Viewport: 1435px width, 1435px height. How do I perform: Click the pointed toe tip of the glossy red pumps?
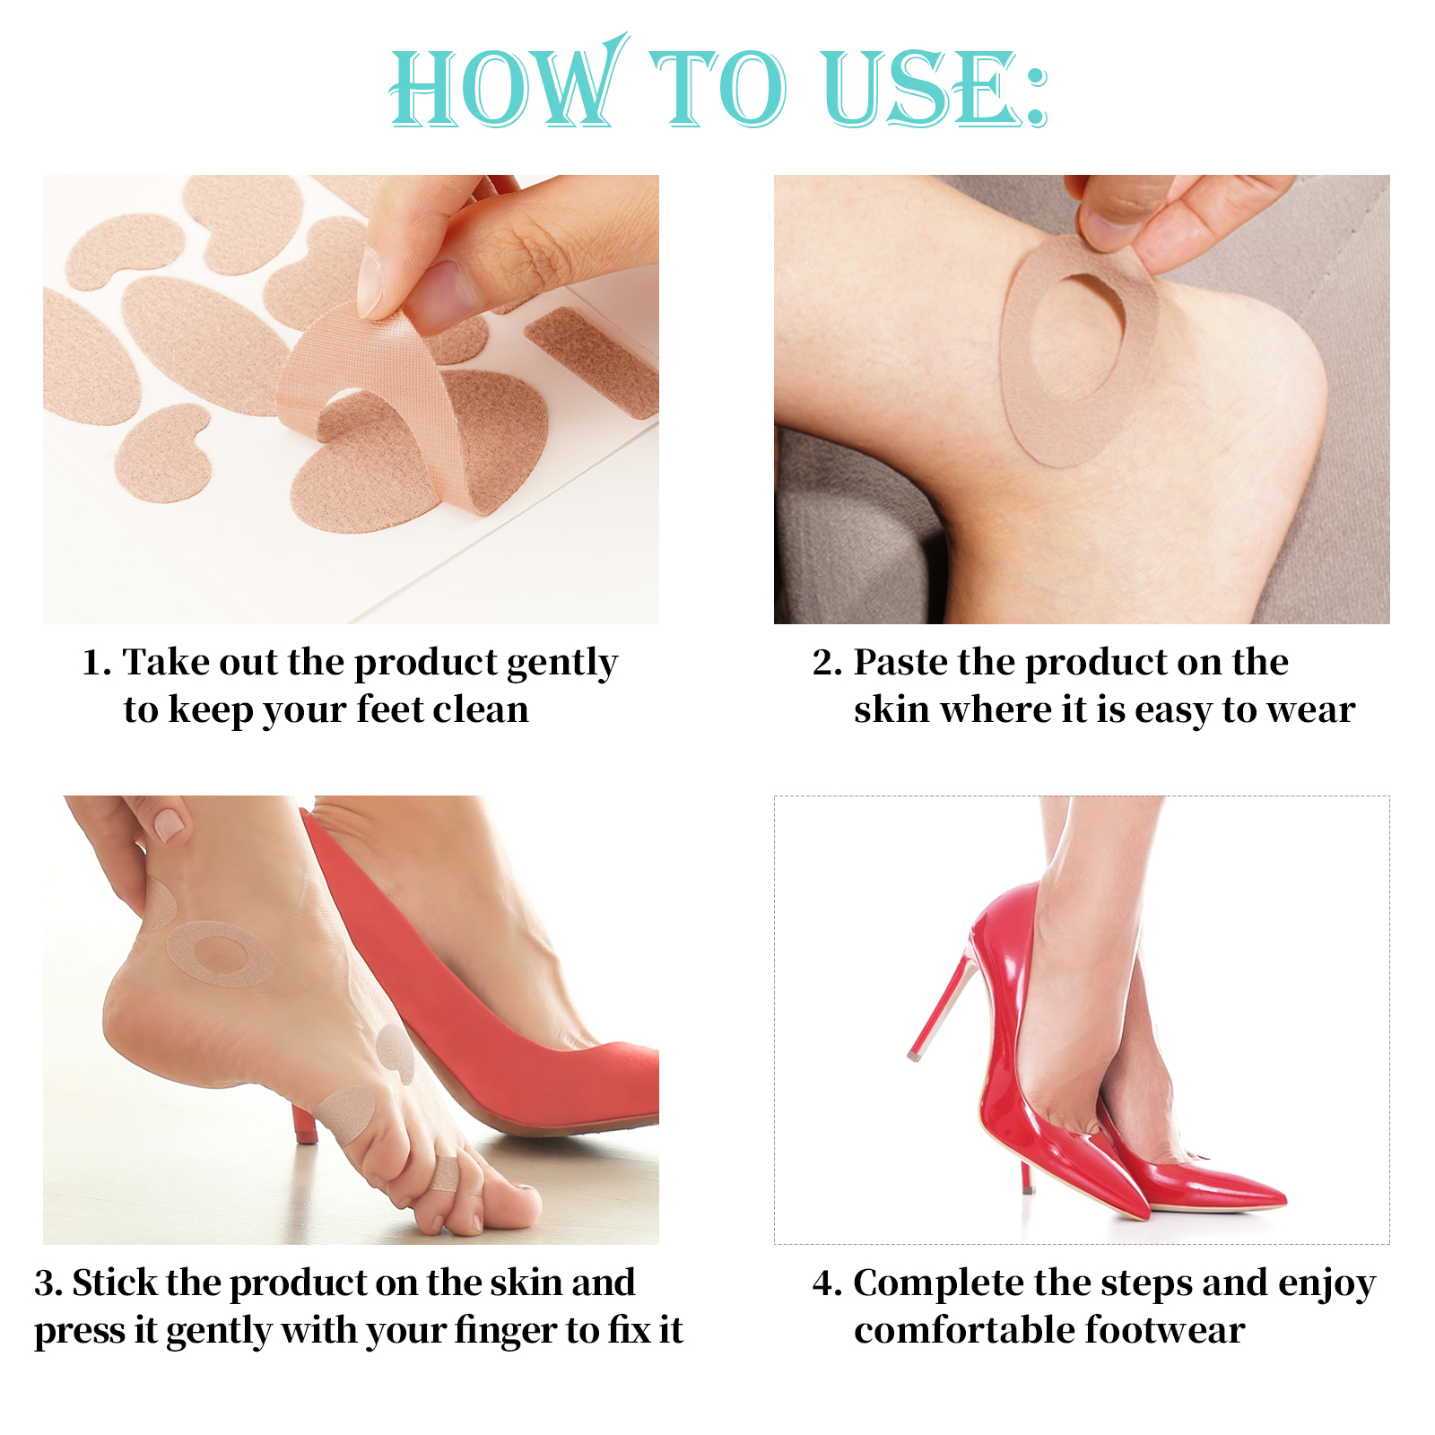pos(1274,1196)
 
